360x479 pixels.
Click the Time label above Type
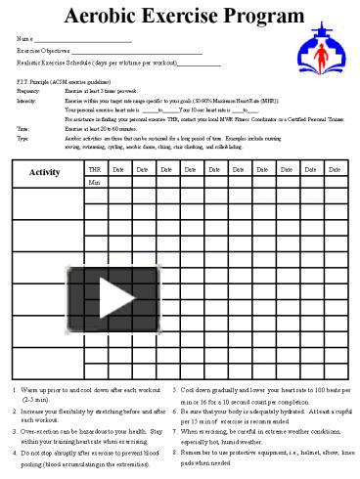(x=23, y=129)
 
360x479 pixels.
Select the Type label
(x=23, y=139)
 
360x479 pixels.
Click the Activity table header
(x=45, y=172)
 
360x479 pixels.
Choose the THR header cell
(x=94, y=168)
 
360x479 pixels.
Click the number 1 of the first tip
(x=14, y=391)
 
